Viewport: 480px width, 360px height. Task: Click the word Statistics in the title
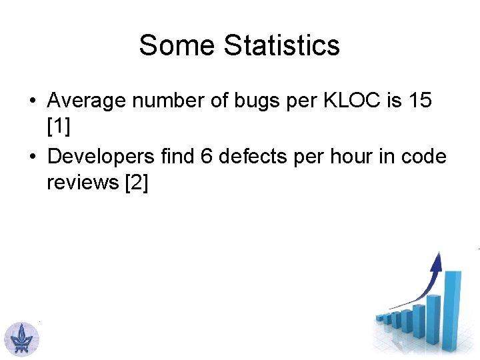coord(281,45)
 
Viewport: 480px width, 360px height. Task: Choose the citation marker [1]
coord(58,129)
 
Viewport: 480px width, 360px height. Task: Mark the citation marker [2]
coord(137,183)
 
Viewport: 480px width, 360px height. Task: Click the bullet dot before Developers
coord(31,156)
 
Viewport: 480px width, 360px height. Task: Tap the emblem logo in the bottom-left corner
coord(22,338)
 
